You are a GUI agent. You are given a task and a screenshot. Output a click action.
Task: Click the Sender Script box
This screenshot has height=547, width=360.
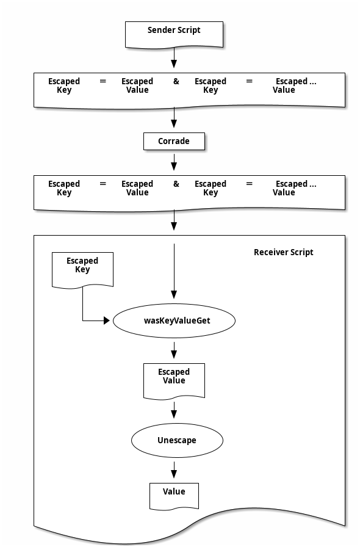click(174, 34)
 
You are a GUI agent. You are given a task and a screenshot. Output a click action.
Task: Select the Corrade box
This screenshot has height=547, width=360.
click(174, 141)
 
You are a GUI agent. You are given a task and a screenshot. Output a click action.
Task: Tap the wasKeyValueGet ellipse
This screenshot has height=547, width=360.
click(174, 321)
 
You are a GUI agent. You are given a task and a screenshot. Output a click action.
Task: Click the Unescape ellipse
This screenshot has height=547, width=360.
click(177, 440)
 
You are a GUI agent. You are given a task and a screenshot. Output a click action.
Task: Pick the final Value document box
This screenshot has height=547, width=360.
click(174, 496)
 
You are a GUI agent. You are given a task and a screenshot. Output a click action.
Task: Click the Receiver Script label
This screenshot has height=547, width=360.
click(283, 252)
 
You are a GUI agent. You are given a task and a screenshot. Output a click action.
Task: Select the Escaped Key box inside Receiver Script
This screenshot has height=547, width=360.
click(82, 270)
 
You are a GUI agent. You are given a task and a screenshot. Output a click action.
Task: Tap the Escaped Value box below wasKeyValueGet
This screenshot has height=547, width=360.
click(174, 381)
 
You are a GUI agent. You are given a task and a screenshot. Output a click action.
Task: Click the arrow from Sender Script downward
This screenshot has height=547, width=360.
click(174, 57)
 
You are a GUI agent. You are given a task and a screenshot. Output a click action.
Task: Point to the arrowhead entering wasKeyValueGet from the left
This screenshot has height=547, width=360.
click(107, 321)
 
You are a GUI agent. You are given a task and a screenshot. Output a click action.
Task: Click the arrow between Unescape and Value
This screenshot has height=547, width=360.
click(174, 470)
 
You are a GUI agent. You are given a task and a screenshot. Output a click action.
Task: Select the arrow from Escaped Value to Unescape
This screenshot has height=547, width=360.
click(174, 410)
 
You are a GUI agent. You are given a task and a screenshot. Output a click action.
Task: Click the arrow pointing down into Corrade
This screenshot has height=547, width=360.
click(174, 118)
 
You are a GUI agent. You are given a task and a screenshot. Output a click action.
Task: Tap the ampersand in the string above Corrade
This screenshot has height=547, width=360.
click(176, 81)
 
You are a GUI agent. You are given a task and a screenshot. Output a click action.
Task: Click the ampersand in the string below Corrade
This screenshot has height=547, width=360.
click(176, 184)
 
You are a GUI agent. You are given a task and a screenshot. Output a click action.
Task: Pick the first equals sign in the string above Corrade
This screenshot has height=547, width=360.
click(103, 81)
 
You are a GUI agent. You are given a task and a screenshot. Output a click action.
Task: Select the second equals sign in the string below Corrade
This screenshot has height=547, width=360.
click(249, 184)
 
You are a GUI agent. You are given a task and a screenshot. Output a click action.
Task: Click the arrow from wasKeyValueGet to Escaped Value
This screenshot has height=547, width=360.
click(174, 350)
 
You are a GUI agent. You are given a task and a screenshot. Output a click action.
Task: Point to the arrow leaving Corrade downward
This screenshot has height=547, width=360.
click(174, 162)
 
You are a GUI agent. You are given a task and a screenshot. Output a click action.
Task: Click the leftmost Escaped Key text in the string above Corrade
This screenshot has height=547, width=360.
click(64, 85)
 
